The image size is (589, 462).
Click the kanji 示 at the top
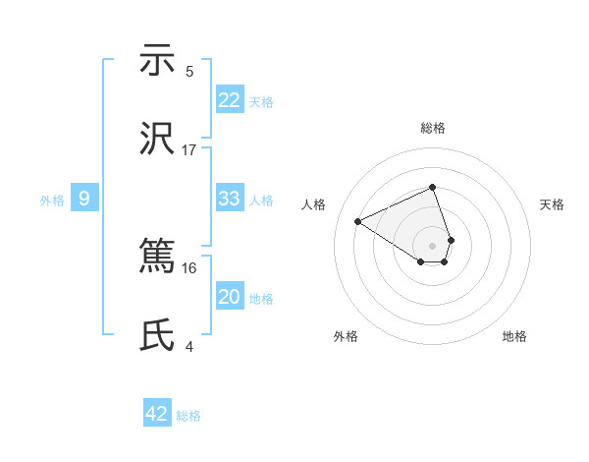tap(157, 61)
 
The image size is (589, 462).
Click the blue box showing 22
tap(230, 100)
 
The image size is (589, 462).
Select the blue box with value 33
tap(230, 199)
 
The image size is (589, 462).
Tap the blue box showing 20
tap(230, 297)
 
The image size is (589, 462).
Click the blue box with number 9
tap(84, 199)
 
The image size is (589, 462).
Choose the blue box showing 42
tap(157, 414)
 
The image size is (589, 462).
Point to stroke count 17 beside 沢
tap(189, 150)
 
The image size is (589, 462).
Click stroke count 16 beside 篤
tap(189, 267)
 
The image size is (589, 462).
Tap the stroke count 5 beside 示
tap(189, 72)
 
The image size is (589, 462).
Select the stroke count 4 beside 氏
tap(189, 347)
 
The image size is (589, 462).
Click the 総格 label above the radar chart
tap(433, 128)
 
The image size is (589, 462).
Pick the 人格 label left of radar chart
tap(314, 204)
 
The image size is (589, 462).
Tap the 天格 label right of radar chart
tap(553, 204)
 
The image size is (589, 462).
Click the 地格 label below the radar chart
tap(514, 336)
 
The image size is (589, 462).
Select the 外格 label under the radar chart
tap(346, 336)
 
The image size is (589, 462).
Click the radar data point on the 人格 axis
tap(358, 221)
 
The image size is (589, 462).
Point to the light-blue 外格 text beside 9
tap(52, 200)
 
